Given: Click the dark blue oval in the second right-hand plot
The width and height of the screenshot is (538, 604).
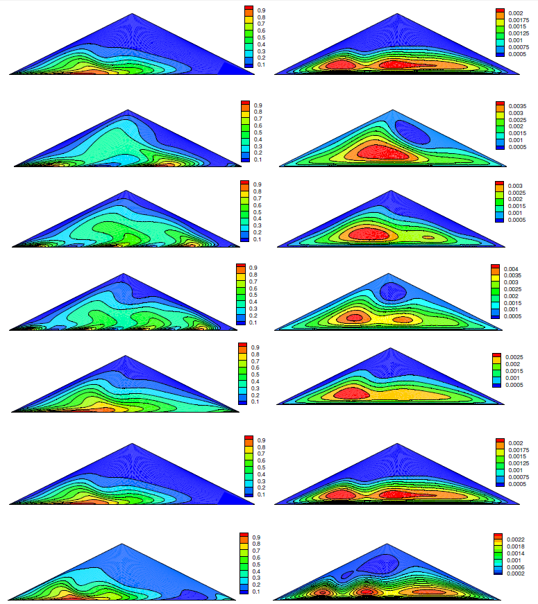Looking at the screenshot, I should [x=412, y=132].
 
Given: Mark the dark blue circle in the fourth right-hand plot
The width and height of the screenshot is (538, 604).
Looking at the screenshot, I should [x=393, y=291].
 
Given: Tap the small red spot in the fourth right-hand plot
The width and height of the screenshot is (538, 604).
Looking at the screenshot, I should [x=354, y=318].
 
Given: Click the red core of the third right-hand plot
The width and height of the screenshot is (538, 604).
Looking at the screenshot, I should [x=371, y=233].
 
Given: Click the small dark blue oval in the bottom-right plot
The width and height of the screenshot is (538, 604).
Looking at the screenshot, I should [x=346, y=575].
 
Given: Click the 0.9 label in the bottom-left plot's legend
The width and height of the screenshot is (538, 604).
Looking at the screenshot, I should [x=256, y=537].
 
